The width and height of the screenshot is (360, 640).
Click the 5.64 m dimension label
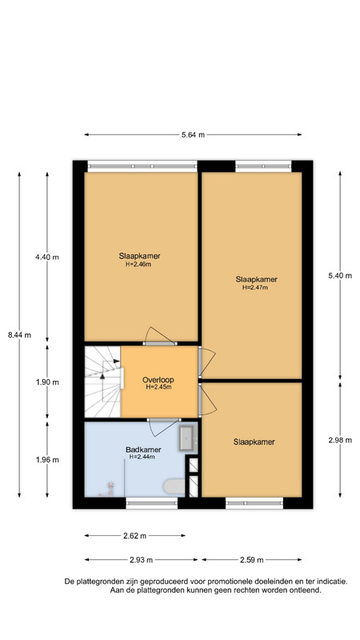[x=193, y=134]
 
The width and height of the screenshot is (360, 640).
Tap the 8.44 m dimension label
[x=19, y=335]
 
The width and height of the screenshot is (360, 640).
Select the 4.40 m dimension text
[x=47, y=257]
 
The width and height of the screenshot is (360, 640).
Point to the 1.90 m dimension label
[x=47, y=382]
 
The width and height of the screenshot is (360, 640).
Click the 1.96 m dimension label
[x=47, y=459]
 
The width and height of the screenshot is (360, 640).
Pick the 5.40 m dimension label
[x=340, y=275]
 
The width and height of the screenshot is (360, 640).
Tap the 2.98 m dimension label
[x=340, y=439]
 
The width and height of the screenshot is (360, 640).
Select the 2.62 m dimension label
[x=134, y=536]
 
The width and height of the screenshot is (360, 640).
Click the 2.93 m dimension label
[x=142, y=560]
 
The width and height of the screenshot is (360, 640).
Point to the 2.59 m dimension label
[x=252, y=560]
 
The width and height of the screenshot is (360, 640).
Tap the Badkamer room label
[x=143, y=450]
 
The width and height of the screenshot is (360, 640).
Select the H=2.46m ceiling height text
[x=139, y=264]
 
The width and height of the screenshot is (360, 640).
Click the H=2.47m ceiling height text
[x=255, y=287]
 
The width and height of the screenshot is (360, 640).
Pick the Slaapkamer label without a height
[x=254, y=442]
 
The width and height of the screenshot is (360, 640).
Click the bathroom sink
[x=188, y=438]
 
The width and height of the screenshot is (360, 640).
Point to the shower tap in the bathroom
[x=110, y=488]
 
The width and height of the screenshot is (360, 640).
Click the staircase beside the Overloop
[x=103, y=382]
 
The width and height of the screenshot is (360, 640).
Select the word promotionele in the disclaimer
[x=229, y=582]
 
